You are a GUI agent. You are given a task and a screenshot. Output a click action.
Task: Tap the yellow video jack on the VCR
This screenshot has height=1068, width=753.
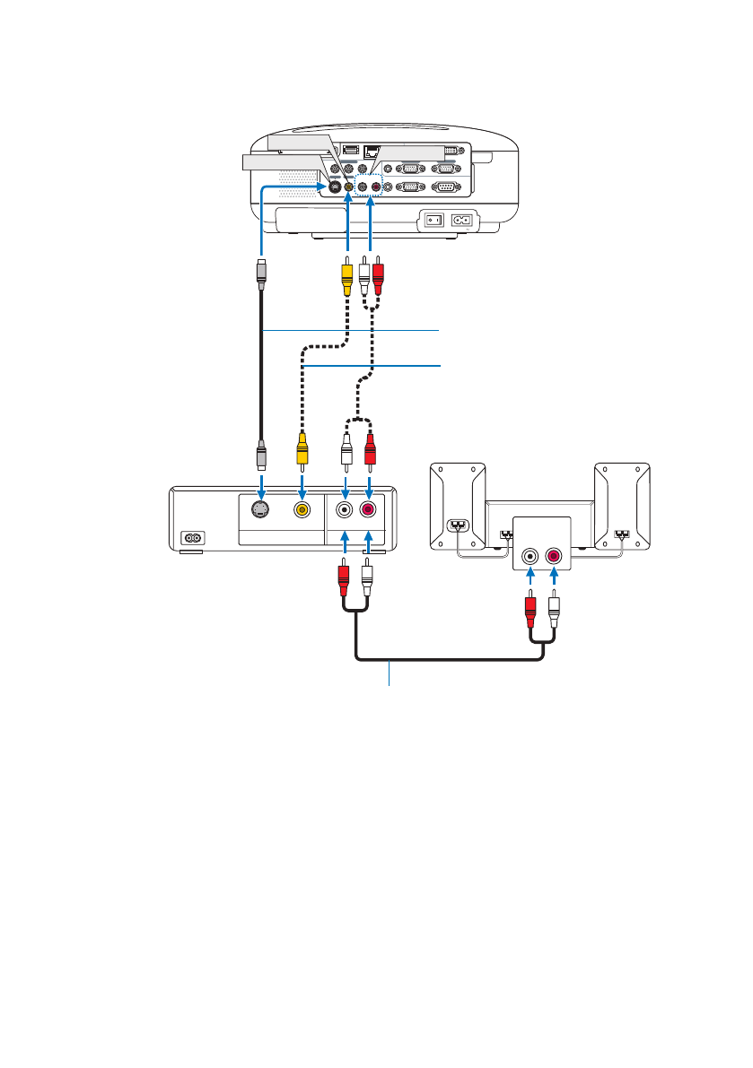click(303, 509)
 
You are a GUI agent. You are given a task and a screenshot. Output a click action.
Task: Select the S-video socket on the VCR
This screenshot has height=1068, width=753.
click(261, 509)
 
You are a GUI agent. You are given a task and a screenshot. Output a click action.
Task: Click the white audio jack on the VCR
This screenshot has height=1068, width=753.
click(346, 509)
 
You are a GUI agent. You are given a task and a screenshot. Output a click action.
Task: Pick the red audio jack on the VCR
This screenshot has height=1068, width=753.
click(369, 509)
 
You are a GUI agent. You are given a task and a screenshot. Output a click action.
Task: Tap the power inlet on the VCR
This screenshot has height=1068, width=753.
click(192, 539)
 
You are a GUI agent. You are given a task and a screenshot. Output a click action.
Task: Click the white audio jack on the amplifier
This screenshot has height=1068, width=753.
click(531, 556)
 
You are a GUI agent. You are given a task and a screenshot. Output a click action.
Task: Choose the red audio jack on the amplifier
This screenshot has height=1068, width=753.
click(554, 556)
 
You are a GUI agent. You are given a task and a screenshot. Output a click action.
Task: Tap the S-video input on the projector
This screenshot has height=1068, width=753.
click(333, 187)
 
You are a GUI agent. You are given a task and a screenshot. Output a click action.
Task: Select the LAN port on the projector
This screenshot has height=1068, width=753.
click(375, 152)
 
